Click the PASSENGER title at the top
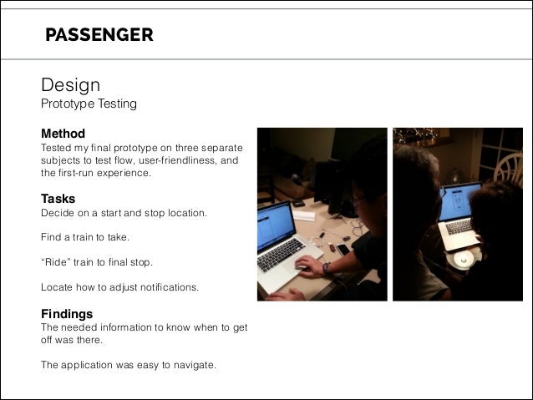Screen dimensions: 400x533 pyautogui.click(x=99, y=34)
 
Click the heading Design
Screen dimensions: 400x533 pyautogui.click(x=70, y=85)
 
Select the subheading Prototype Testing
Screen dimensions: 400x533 pyautogui.click(x=89, y=105)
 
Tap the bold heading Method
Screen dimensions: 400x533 pyautogui.click(x=63, y=134)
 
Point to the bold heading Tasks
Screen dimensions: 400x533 pyautogui.click(x=58, y=199)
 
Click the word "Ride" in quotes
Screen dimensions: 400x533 pyautogui.click(x=56, y=262)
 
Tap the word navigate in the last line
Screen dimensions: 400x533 pyautogui.click(x=194, y=364)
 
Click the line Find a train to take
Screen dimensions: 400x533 pyautogui.click(x=85, y=238)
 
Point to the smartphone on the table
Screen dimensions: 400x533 pyautogui.click(x=343, y=249)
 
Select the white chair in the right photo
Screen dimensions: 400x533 pyautogui.click(x=509, y=170)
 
